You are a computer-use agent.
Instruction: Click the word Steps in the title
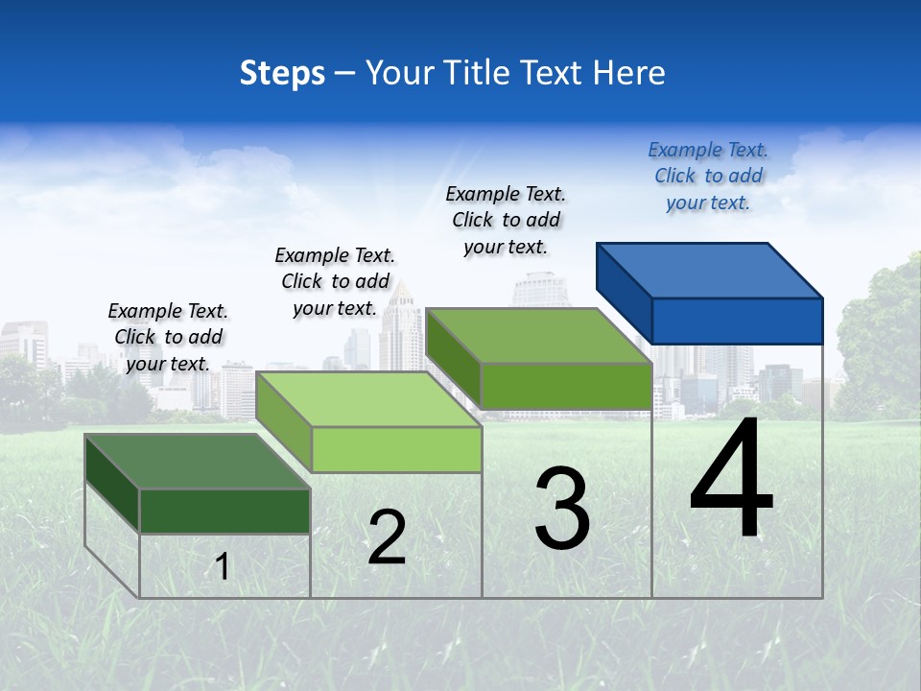(282, 73)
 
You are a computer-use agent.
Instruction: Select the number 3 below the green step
(562, 510)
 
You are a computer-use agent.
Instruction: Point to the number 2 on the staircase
(387, 537)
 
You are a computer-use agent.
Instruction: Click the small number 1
(223, 566)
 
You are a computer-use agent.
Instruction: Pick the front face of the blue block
(737, 321)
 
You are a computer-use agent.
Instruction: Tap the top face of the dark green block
(197, 462)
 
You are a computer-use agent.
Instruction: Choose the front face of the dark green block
(224, 511)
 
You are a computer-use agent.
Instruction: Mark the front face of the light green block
(396, 449)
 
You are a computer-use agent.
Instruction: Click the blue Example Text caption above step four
(708, 176)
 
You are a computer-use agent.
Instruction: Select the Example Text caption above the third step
(506, 220)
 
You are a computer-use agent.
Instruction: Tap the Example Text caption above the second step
(335, 281)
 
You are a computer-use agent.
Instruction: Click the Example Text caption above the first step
(168, 337)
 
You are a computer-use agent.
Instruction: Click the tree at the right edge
(883, 336)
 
